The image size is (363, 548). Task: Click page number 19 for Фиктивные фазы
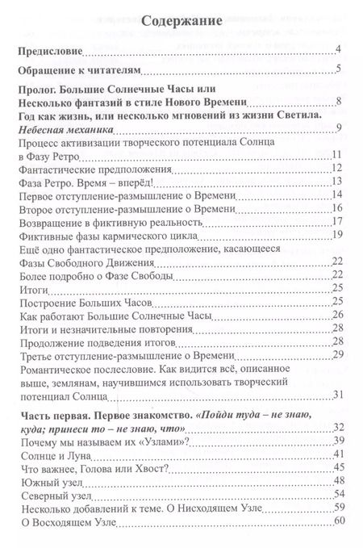pyautogui.click(x=339, y=235)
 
